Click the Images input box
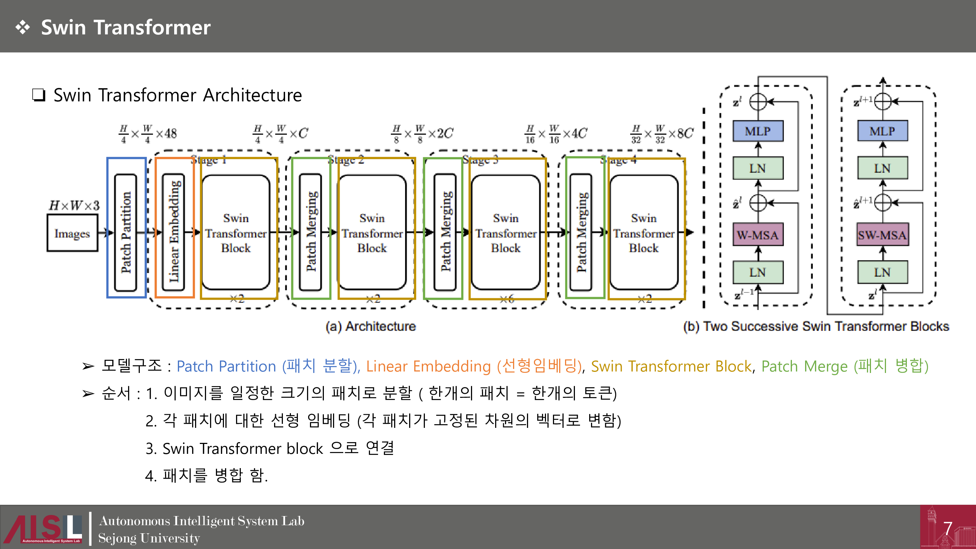(x=72, y=233)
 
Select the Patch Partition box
(x=126, y=232)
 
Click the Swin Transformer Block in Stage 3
(x=505, y=233)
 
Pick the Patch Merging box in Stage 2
(x=311, y=232)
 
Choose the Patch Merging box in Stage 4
(x=581, y=232)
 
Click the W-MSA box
(x=758, y=235)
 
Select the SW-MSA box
(x=882, y=235)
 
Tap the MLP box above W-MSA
(x=758, y=131)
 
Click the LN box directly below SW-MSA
(x=882, y=272)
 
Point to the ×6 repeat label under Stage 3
(x=506, y=299)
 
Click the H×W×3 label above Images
(x=74, y=205)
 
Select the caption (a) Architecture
(x=370, y=326)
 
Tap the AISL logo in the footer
(x=44, y=528)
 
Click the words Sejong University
(x=149, y=538)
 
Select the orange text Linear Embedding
(x=428, y=366)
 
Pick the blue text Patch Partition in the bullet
(x=226, y=366)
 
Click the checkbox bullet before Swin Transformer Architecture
(x=39, y=95)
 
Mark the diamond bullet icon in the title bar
(x=23, y=27)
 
